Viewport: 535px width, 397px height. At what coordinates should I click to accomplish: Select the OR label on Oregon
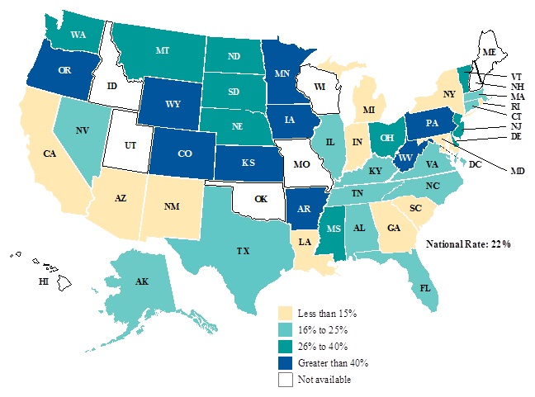point(51,71)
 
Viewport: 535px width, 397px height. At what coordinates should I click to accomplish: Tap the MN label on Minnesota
point(282,74)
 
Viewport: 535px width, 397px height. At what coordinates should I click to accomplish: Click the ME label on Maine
point(490,51)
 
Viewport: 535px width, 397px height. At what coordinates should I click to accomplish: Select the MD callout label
point(518,171)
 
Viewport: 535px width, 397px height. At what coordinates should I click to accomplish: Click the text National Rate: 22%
point(468,244)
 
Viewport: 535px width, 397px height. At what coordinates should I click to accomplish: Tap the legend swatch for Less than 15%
point(285,314)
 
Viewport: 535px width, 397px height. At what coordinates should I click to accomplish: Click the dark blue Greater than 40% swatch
point(285,363)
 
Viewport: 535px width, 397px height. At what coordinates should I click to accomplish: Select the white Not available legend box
point(285,380)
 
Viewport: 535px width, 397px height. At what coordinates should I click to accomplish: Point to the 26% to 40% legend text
point(328,347)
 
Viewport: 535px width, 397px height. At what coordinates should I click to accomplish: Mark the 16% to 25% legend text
point(328,330)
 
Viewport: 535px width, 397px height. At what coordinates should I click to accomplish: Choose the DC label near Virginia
point(476,165)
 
